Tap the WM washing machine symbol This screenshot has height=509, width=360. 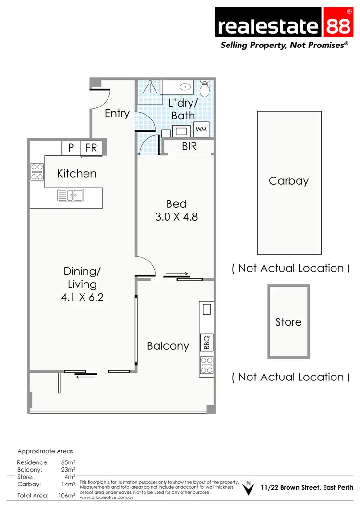(201, 130)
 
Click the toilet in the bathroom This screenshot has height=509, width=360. (205, 89)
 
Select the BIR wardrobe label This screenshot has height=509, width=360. (189, 147)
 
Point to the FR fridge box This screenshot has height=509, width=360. (91, 148)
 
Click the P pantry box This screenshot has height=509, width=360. (71, 148)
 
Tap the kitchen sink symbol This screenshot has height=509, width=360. (70, 195)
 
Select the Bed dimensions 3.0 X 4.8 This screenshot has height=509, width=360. (176, 217)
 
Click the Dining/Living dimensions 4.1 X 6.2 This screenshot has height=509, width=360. (83, 297)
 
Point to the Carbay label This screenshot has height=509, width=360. (288, 181)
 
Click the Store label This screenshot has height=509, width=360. (288, 322)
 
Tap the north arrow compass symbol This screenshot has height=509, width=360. (248, 488)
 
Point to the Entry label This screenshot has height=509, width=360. (117, 114)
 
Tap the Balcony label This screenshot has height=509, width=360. (168, 346)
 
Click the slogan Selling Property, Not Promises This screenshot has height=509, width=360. (283, 45)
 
